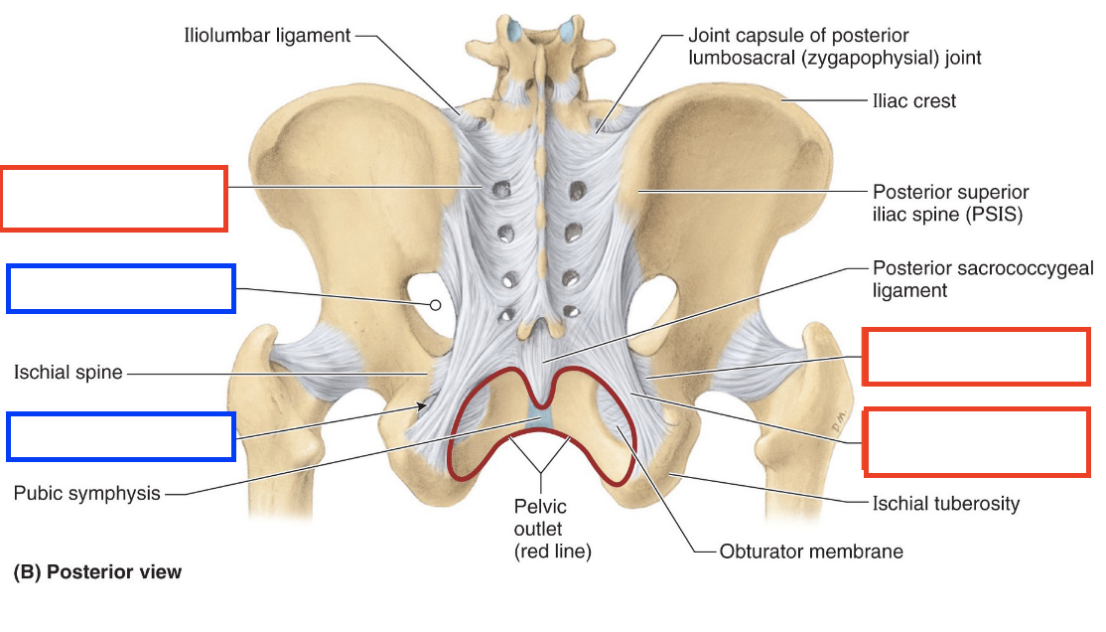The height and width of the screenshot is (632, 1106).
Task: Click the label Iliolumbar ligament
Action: click(267, 36)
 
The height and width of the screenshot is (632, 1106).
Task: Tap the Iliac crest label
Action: click(914, 100)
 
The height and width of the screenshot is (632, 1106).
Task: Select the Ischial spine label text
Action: click(68, 373)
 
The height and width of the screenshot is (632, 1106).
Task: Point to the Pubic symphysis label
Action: click(86, 493)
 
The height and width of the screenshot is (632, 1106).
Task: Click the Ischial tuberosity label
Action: click(945, 504)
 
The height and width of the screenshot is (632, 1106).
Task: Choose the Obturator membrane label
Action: click(811, 551)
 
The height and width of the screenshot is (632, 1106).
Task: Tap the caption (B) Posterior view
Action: click(97, 572)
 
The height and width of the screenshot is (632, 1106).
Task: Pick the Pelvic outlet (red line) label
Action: click(540, 529)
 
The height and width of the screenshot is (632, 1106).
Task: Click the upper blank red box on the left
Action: click(114, 199)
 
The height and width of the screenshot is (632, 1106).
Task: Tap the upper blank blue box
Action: click(121, 288)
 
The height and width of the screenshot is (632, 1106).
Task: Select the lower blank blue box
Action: click(121, 437)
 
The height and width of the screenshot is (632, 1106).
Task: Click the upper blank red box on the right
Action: click(976, 356)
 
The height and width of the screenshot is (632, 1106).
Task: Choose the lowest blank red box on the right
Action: click(976, 439)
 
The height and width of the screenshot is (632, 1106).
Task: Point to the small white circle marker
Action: click(434, 305)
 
